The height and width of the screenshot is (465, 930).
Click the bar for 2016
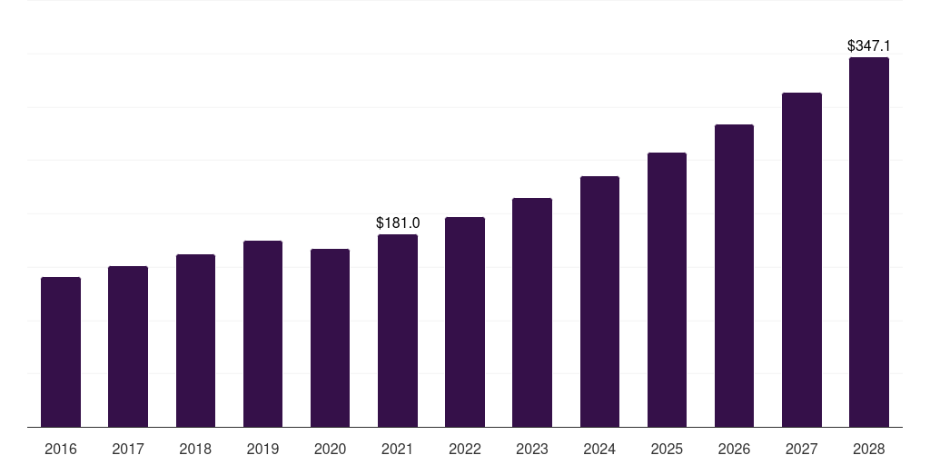click(61, 352)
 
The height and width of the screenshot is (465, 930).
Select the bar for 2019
click(262, 334)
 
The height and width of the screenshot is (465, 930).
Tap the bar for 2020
click(330, 338)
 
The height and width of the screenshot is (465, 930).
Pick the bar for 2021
click(398, 331)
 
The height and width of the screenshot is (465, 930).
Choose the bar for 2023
click(532, 312)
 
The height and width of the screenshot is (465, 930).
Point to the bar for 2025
click(667, 290)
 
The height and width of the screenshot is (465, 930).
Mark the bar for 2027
click(801, 260)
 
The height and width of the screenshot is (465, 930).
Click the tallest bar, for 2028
click(868, 242)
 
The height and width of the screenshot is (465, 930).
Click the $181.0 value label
click(398, 223)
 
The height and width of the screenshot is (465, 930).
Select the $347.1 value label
click(868, 45)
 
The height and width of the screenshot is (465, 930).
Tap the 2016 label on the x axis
click(61, 449)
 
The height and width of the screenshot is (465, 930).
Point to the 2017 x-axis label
click(128, 449)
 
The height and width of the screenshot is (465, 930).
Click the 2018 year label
click(195, 449)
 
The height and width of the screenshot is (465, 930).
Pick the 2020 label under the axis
click(330, 449)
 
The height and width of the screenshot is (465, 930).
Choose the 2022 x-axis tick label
click(465, 449)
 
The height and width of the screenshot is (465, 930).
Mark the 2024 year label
click(599, 449)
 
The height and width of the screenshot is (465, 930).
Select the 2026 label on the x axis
click(734, 449)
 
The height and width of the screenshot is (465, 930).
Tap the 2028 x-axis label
click(868, 449)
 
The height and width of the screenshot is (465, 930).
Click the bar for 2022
click(465, 322)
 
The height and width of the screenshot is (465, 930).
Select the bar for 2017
click(128, 347)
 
